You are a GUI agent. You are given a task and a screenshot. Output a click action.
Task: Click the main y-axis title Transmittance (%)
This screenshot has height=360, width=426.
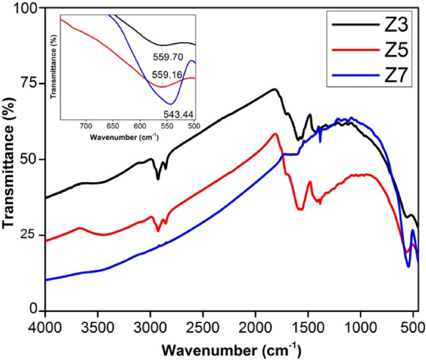click(9, 160)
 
